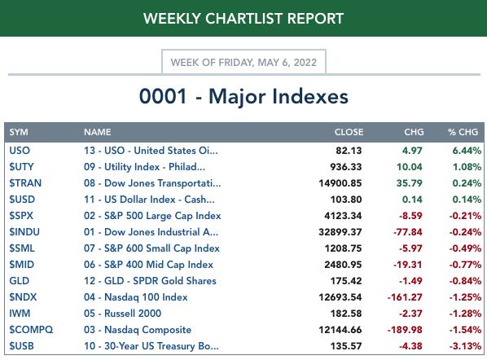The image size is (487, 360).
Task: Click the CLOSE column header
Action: click(x=349, y=132)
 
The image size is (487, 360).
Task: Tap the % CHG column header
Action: click(x=463, y=132)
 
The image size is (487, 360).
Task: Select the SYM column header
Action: click(x=19, y=132)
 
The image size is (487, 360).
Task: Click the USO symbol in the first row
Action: click(x=20, y=151)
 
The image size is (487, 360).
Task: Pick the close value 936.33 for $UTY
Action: click(x=346, y=167)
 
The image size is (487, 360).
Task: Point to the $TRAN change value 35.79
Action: click(x=410, y=183)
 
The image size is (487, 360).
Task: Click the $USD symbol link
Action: click(x=22, y=200)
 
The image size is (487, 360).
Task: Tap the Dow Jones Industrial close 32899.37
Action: click(x=340, y=232)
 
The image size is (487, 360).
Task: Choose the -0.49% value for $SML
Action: click(x=465, y=248)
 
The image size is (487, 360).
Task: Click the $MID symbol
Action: click(x=22, y=265)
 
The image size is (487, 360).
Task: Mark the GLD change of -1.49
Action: click(x=410, y=281)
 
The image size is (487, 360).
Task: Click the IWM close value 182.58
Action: click(x=346, y=314)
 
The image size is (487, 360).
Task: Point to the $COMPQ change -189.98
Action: click(x=405, y=330)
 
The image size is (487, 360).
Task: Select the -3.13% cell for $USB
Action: click(x=465, y=346)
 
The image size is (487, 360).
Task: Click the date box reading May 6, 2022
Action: click(x=243, y=62)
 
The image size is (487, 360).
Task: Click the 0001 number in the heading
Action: click(x=163, y=96)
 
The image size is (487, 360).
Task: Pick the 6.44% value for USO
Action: click(x=467, y=151)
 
